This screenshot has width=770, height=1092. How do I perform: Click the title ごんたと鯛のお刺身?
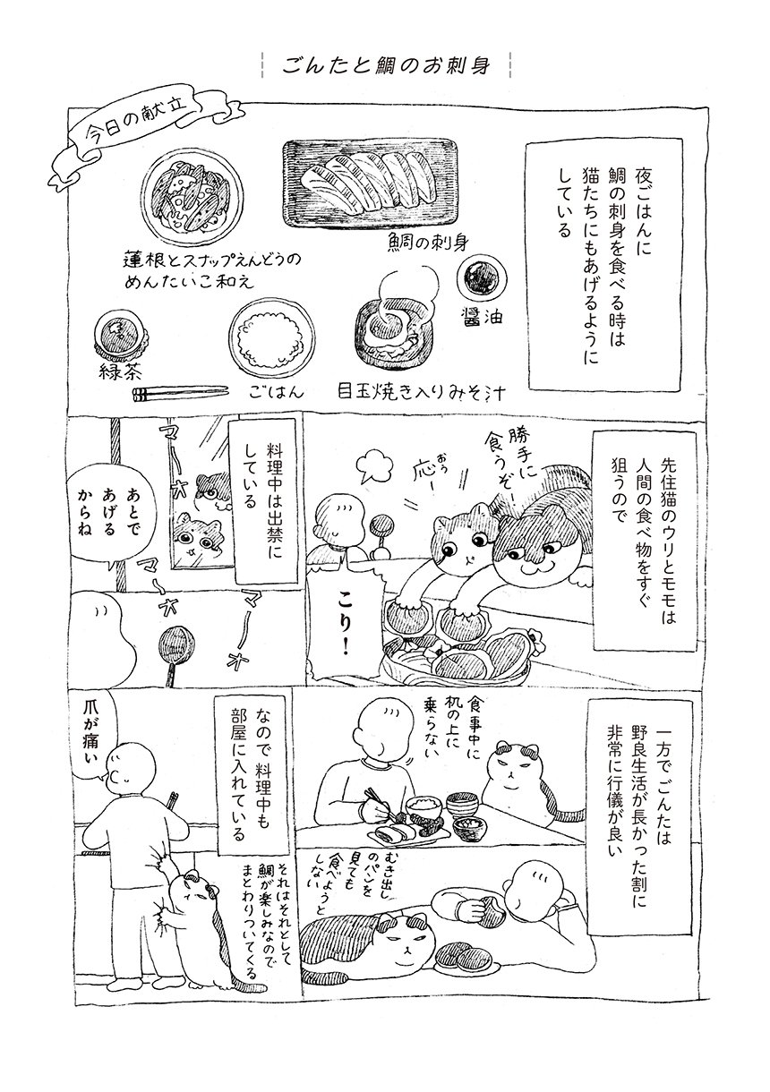point(386,64)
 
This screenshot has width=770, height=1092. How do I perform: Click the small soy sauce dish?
point(482,278)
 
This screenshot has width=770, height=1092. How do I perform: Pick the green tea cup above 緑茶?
point(119,337)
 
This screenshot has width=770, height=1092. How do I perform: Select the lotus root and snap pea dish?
point(193,197)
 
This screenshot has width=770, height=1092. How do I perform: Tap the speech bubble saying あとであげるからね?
point(106,516)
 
